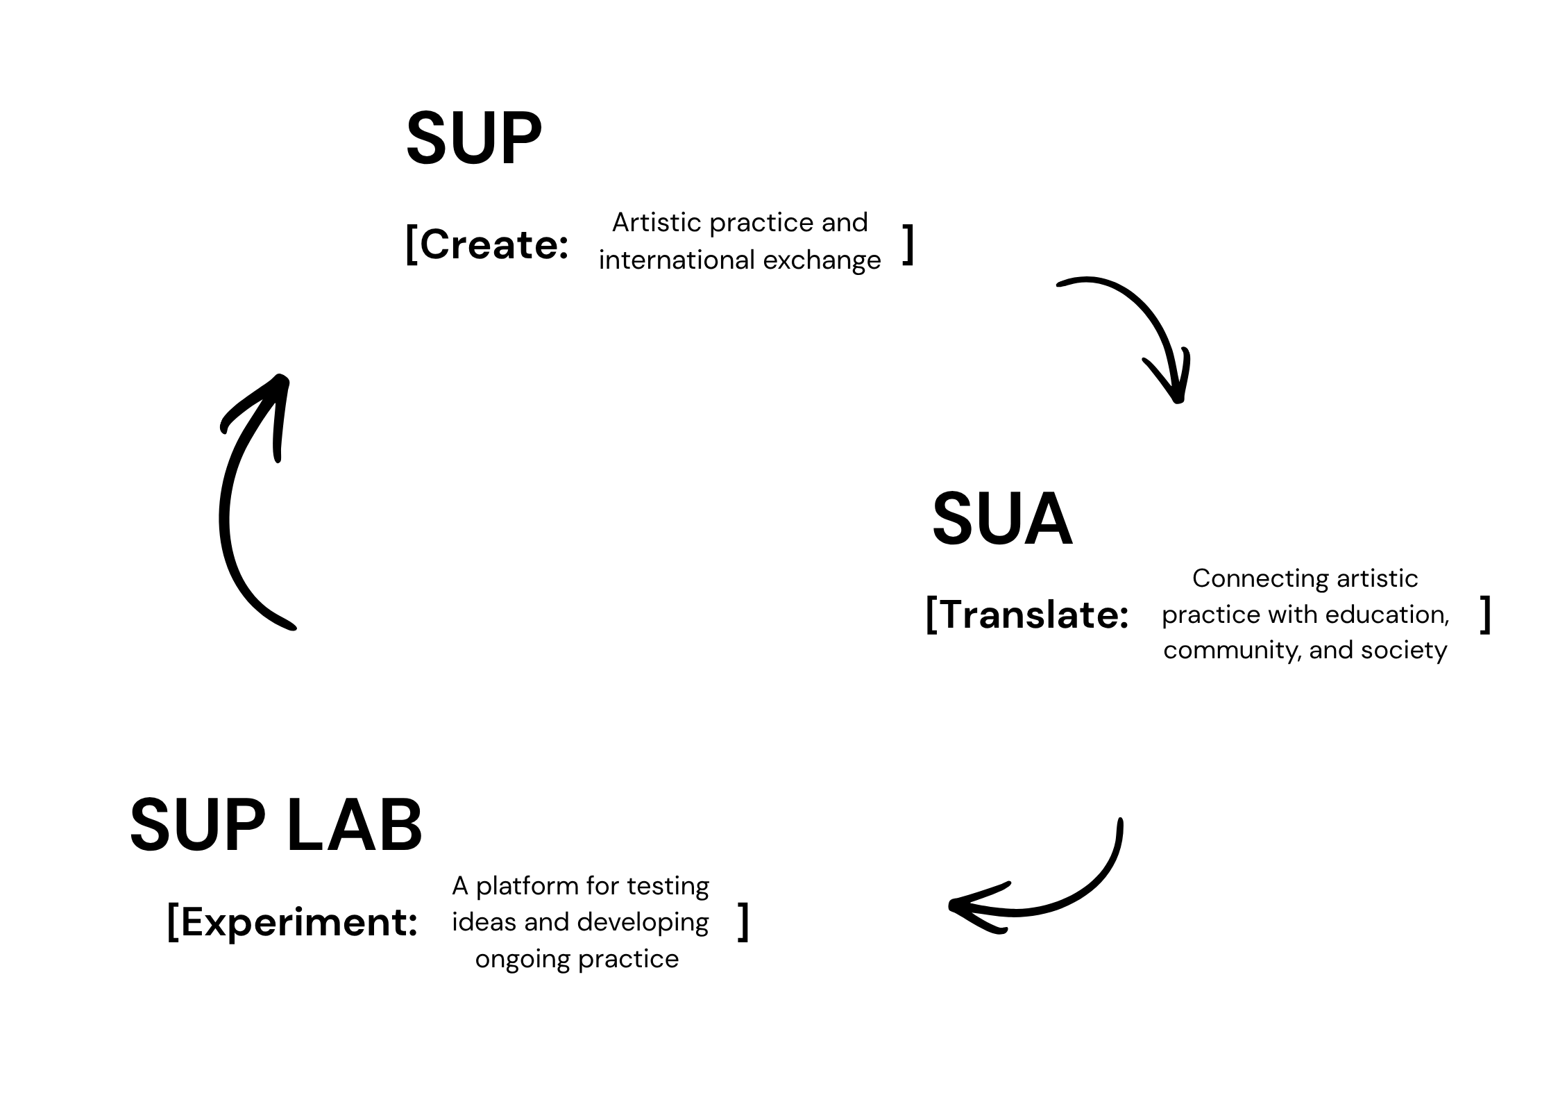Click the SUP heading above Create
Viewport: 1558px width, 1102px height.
474,139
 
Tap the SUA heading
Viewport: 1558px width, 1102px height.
1001,519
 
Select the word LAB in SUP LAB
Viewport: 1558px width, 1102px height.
354,826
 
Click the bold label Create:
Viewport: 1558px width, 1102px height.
494,245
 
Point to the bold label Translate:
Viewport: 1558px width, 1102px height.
1035,615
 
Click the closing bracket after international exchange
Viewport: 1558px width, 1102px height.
907,245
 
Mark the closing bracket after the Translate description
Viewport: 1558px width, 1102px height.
1485,615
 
